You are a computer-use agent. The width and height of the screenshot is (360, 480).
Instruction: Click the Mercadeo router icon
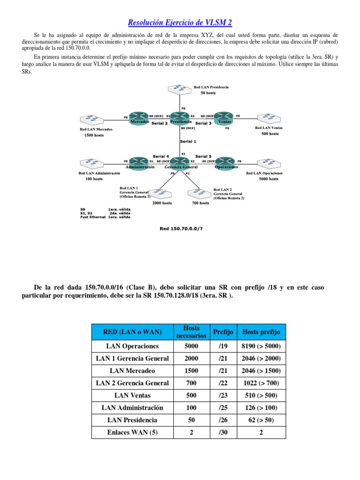[x=139, y=116]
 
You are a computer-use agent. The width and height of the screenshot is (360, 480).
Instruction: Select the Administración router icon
[x=139, y=161]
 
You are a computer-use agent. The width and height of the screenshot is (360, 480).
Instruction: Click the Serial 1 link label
[x=188, y=141]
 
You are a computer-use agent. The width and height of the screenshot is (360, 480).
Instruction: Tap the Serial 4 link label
[x=161, y=156]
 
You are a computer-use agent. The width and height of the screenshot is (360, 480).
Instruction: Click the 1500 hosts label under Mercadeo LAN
[x=94, y=135]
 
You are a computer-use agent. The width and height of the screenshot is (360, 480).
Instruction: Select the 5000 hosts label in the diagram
[x=269, y=179]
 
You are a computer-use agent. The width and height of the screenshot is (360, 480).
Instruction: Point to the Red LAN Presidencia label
[x=211, y=87]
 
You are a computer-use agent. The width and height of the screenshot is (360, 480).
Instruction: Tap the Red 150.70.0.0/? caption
[x=180, y=229]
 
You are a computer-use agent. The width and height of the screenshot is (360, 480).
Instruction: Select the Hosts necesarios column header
[x=191, y=332]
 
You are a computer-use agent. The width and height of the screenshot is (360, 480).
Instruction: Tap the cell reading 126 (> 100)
[x=261, y=407]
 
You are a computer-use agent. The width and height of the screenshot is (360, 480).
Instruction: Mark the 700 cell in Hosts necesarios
[x=191, y=383]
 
